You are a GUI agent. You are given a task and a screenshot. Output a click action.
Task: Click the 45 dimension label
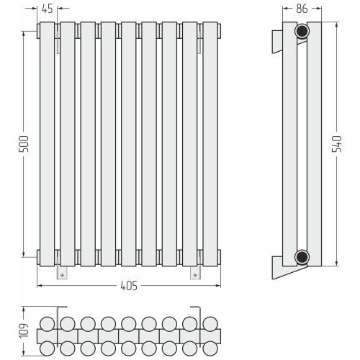pos(48,9)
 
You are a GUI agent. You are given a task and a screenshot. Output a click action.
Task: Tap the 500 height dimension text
pos(24,144)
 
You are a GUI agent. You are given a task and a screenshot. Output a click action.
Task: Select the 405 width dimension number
pos(129,286)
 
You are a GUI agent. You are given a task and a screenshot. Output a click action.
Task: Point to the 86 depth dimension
pos(302,9)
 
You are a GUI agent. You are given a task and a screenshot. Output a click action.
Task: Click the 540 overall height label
pos(336,144)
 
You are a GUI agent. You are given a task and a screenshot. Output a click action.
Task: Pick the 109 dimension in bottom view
pos(24,330)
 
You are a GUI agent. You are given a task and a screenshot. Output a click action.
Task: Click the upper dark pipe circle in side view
pos(302,31)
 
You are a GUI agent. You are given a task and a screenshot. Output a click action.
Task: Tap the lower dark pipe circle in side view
pos(302,257)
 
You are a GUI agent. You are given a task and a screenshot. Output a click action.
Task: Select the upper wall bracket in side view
pos(277,41)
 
